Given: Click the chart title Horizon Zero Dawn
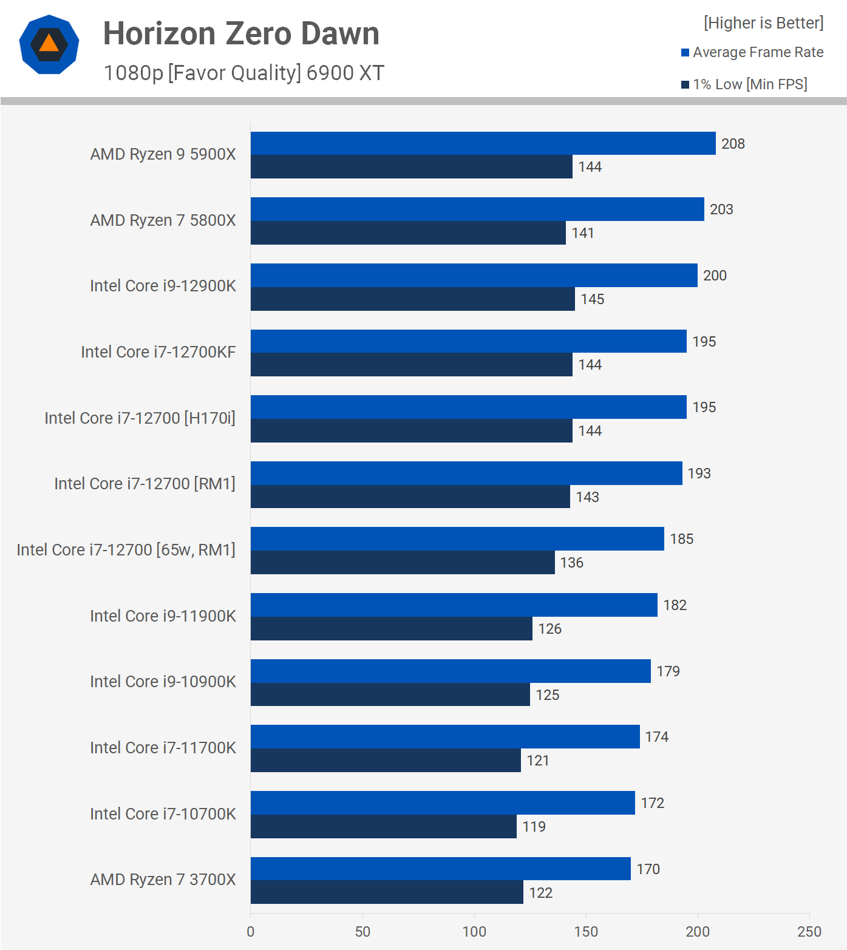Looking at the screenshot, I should [241, 33].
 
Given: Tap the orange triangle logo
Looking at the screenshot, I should [49, 44].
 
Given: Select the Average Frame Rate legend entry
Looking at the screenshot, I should [752, 52].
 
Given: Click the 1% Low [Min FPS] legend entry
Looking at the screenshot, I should [744, 84].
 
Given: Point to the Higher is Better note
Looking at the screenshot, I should [763, 23].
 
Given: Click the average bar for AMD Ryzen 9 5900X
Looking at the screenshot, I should [483, 143].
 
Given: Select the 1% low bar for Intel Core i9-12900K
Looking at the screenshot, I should [412, 299].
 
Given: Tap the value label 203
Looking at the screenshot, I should [721, 209].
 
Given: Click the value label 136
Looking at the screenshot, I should [571, 563].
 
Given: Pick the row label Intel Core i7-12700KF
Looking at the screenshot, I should [158, 352].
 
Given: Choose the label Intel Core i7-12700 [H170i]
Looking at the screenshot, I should [140, 418].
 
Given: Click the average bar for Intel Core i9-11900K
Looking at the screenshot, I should [454, 605].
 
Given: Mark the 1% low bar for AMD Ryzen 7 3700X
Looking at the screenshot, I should [387, 892].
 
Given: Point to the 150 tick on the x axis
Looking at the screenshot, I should [586, 931].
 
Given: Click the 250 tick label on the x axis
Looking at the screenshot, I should [809, 931].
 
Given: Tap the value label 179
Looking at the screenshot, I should [668, 671].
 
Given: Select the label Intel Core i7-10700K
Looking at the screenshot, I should [163, 814].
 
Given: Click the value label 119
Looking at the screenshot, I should [534, 827].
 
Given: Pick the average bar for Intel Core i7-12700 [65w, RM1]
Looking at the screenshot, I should [457, 539].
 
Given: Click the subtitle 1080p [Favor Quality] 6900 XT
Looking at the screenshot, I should [243, 73].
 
